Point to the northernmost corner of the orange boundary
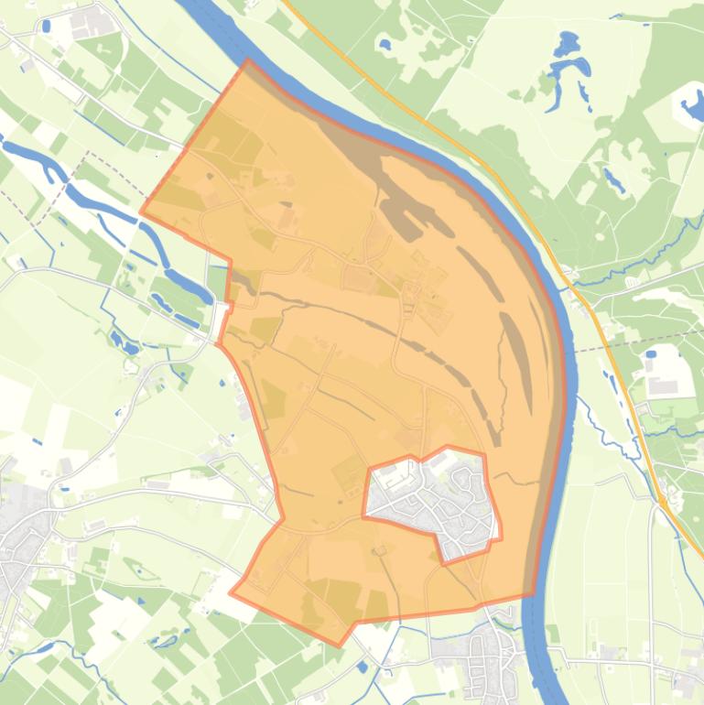click(248, 61)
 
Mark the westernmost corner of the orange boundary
click(141, 212)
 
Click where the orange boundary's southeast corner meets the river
click(533, 594)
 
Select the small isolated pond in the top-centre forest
click(384, 43)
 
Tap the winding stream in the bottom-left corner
click(37, 650)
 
